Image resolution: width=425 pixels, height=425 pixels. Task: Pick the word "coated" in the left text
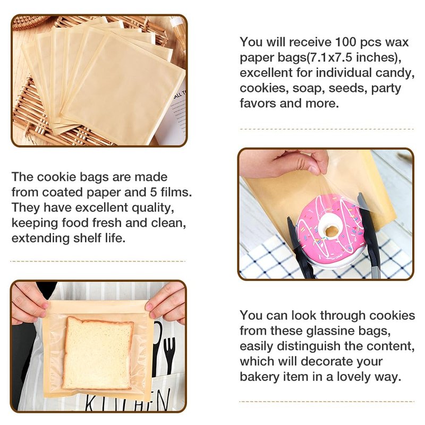tap(63, 192)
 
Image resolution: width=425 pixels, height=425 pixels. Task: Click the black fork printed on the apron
tap(169, 352)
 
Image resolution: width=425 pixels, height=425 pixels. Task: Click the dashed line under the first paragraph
tap(327, 129)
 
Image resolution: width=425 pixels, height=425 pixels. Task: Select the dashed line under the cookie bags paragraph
tap(98, 261)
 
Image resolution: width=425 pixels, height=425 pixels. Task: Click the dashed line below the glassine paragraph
tap(327, 402)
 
